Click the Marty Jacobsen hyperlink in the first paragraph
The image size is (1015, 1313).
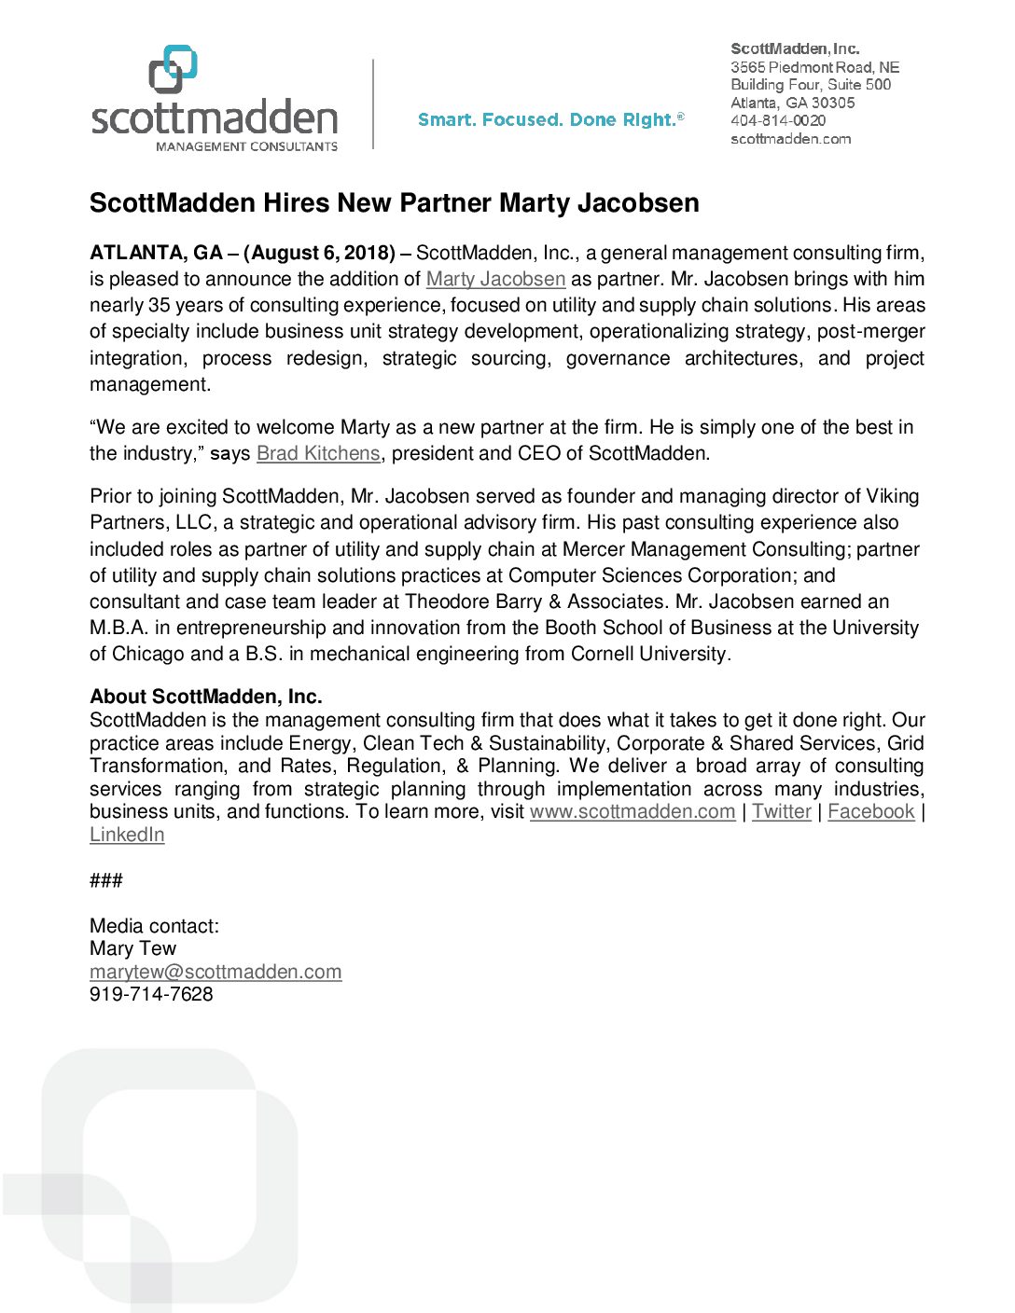(495, 279)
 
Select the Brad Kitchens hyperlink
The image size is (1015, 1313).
(318, 453)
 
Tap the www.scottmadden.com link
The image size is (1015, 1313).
(633, 811)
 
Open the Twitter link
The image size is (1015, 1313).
(782, 811)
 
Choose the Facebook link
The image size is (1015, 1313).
(871, 811)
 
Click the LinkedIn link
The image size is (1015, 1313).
(127, 835)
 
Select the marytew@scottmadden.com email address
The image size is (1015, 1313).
(216, 972)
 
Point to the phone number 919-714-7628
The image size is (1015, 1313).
(151, 994)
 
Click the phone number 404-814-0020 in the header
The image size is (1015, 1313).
(778, 120)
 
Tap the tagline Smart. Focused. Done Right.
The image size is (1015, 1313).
(550, 119)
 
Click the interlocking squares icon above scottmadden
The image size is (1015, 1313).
(174, 69)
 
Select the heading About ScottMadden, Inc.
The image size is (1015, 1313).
(206, 697)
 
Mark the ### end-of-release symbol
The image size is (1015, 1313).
(106, 880)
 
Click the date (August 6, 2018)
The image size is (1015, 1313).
(319, 253)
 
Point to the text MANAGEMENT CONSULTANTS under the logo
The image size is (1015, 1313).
(246, 146)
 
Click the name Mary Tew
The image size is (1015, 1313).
(132, 948)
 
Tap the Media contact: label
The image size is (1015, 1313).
(154, 926)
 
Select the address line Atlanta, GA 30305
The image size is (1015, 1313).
(792, 103)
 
